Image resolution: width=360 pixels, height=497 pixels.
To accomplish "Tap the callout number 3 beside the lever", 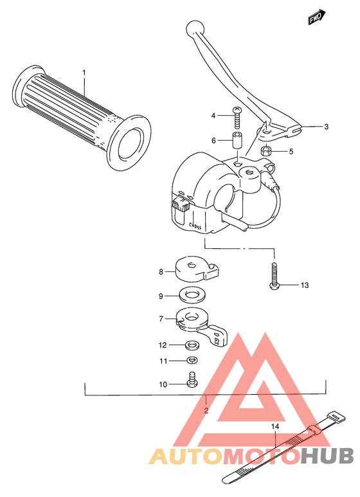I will point(326,127).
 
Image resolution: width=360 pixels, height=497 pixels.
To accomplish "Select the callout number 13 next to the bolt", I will point(304,285).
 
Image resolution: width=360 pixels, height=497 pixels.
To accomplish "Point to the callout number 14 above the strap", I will point(274,426).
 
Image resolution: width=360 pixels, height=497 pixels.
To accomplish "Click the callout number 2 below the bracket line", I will point(206,410).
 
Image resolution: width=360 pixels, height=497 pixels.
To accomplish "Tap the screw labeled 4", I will point(237,116).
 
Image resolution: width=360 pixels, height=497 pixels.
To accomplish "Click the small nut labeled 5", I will point(265,152).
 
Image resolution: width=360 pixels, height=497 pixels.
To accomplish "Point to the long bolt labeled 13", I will point(274,275).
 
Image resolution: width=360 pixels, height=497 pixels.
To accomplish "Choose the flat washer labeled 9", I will point(190,296).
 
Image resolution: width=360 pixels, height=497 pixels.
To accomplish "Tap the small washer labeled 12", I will point(192,345).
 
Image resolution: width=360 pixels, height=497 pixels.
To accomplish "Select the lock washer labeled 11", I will point(192,360).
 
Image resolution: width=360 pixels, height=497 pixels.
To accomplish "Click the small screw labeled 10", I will point(191,380).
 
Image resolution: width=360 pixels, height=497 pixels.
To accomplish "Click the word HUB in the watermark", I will point(328,456).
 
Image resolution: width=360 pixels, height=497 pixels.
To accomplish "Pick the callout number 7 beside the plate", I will point(161,318).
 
